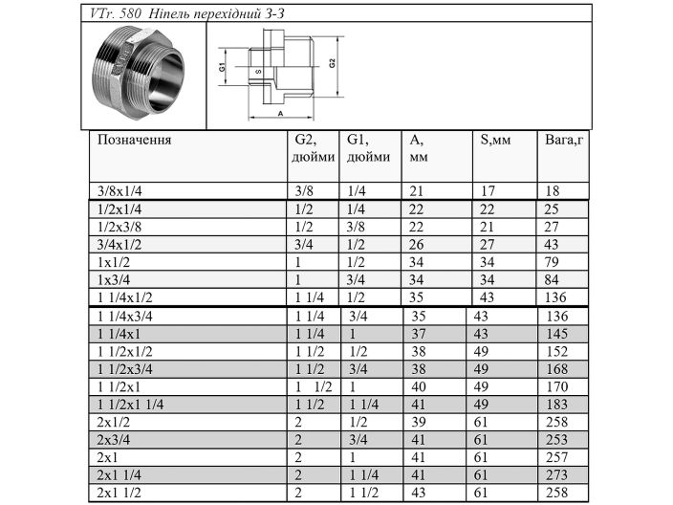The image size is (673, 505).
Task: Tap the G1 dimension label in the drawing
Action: (222, 69)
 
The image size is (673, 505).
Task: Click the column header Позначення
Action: (135, 140)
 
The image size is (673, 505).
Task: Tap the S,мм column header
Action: (495, 140)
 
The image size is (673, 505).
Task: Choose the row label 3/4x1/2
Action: (119, 244)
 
